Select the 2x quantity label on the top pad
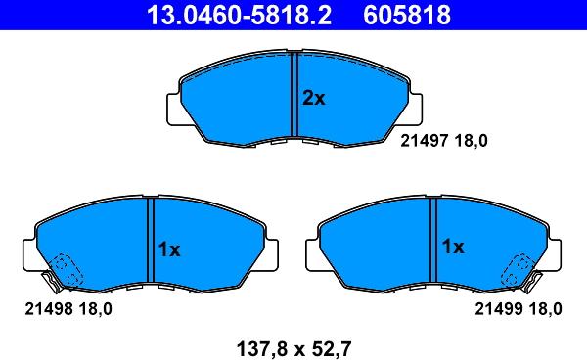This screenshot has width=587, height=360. point(313,97)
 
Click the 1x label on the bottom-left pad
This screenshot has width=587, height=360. point(169,249)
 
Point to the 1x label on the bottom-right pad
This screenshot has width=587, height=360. point(452,247)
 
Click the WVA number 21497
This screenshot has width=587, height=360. point(423,140)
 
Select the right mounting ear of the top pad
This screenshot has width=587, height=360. point(418,111)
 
